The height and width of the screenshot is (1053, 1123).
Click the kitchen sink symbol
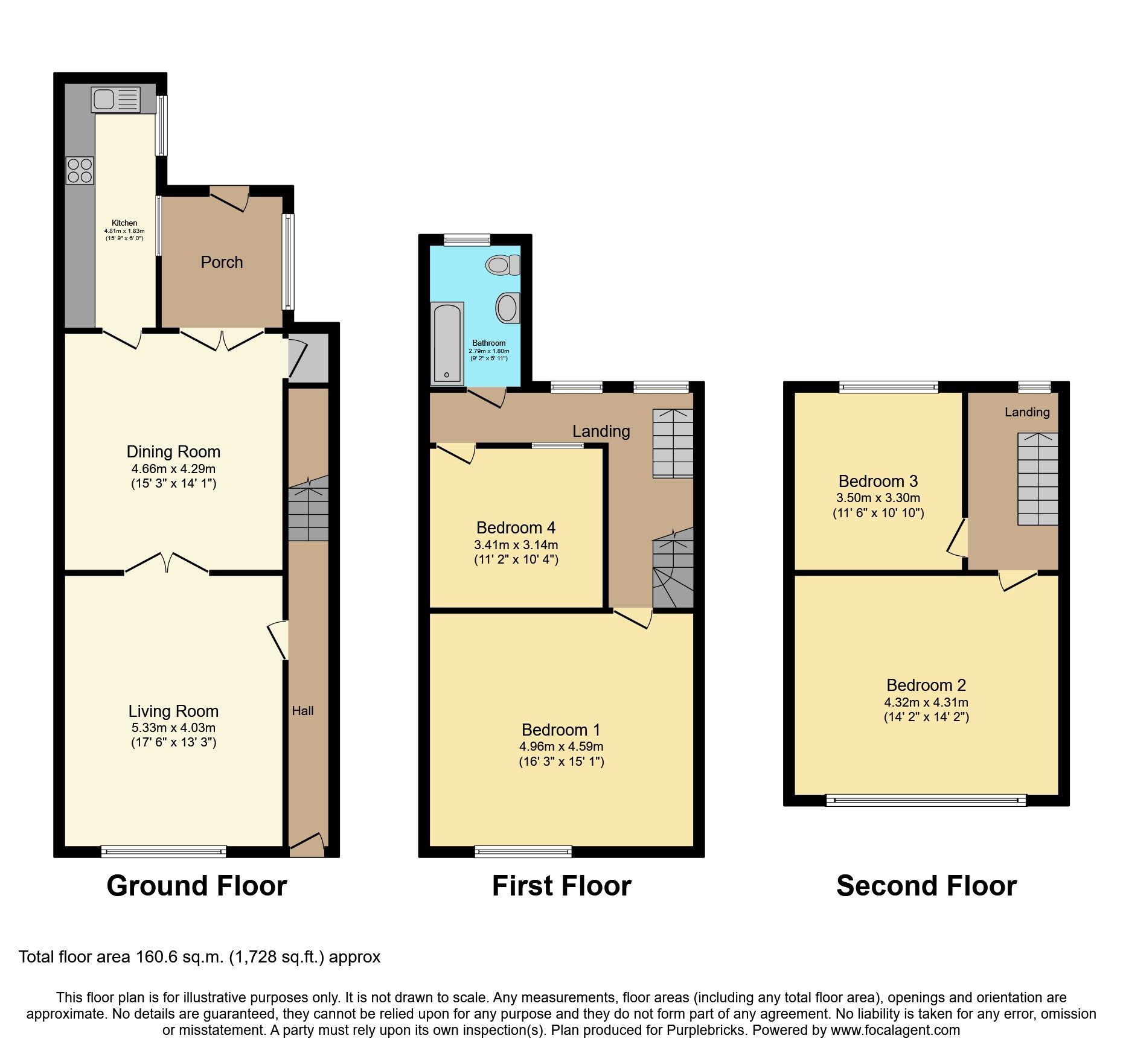115,100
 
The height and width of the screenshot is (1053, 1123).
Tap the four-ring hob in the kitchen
80,170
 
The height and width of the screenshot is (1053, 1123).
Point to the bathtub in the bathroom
447,343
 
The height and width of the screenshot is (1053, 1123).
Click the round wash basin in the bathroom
507,308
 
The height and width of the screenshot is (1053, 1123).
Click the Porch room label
222,262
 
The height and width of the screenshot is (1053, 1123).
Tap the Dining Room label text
173,451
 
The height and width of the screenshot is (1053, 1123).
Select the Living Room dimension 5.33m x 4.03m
173,728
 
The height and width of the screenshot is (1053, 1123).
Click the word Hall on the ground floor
302,711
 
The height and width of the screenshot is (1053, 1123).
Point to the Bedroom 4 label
516,527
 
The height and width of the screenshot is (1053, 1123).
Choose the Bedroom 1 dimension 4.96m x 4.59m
561,746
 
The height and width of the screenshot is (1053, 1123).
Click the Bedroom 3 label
878,481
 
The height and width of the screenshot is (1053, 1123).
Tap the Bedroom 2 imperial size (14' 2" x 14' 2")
926,717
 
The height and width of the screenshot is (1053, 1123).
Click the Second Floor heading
926,886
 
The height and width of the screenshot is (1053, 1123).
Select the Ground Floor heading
197,886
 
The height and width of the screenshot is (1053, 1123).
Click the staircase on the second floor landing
1038,479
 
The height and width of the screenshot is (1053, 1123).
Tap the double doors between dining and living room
167,564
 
